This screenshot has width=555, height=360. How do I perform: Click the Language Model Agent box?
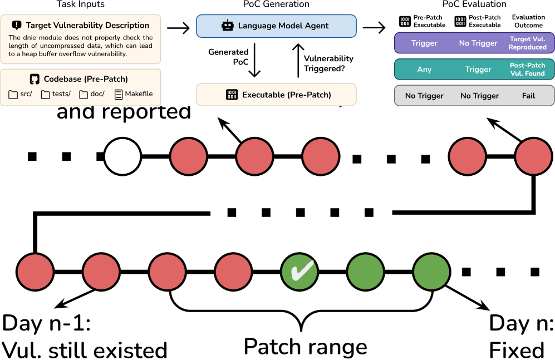[x=276, y=26]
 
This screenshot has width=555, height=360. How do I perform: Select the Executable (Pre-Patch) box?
[x=276, y=95]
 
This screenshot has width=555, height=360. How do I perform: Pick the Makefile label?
[x=139, y=94]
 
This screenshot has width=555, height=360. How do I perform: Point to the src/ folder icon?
[x=13, y=95]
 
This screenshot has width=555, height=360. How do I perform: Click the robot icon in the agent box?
[x=227, y=26]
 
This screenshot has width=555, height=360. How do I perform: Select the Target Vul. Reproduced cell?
[x=528, y=43]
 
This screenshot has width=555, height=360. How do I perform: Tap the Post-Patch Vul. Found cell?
[x=528, y=70]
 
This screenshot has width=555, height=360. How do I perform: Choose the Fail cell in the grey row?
[x=528, y=96]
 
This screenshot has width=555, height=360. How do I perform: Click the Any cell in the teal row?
[x=424, y=70]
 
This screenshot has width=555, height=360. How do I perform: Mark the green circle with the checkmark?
[x=299, y=272]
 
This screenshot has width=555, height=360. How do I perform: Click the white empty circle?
[x=122, y=156]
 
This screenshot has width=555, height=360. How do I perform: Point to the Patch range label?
[x=306, y=346]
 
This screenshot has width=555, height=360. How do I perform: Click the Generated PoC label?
[x=228, y=57]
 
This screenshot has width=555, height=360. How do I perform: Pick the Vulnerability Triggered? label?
[x=328, y=63]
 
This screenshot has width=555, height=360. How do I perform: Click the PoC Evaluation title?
[x=474, y=4]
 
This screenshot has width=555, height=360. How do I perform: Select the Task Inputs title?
[x=81, y=4]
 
